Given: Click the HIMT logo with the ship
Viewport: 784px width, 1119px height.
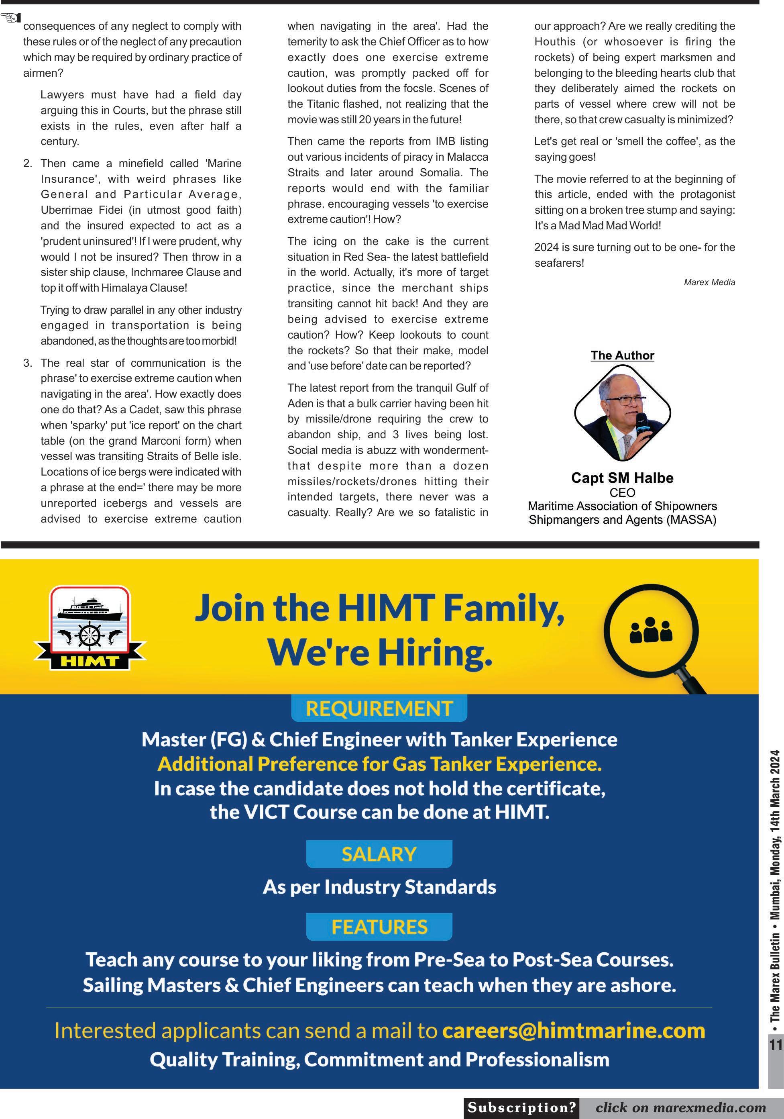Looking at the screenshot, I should pyautogui.click(x=90, y=628).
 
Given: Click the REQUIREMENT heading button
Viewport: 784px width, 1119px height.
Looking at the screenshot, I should pyautogui.click(x=379, y=708).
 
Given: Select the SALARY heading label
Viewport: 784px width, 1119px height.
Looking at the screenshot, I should pyautogui.click(x=379, y=854).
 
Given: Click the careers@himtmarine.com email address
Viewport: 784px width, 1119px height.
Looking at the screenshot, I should pyautogui.click(x=574, y=1031).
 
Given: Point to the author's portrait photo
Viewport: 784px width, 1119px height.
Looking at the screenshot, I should pyautogui.click(x=622, y=412).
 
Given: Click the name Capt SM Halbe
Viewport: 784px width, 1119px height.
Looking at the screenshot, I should pyautogui.click(x=622, y=478).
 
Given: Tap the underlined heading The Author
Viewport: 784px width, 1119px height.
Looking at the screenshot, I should pyautogui.click(x=622, y=355).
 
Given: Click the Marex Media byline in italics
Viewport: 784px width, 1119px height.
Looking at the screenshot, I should pyautogui.click(x=709, y=282).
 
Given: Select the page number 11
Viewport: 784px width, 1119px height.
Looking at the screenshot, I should pyautogui.click(x=775, y=1044).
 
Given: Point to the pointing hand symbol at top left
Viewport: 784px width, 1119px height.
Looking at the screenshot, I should pyautogui.click(x=11, y=18).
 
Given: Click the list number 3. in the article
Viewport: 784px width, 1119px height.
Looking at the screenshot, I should pyautogui.click(x=28, y=363).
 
